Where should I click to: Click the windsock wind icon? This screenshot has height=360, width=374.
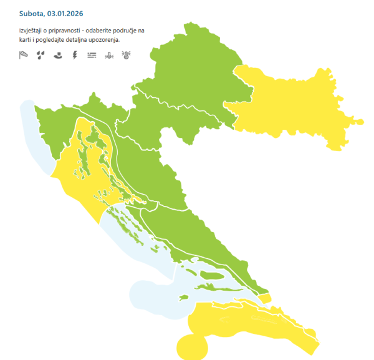[x=24, y=55]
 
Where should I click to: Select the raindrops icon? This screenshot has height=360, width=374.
[x=41, y=55]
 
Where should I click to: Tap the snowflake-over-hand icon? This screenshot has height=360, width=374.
[x=57, y=55]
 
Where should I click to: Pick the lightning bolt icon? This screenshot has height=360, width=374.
[x=75, y=55]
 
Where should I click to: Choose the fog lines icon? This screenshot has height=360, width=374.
[x=92, y=55]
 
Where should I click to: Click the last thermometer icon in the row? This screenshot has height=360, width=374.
[x=126, y=55]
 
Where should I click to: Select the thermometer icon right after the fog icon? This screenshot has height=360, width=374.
[x=109, y=55]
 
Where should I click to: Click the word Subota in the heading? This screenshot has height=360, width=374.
[x=32, y=13]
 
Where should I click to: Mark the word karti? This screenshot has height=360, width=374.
[x=26, y=39]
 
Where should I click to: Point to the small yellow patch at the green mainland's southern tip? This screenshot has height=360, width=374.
[x=266, y=298]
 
